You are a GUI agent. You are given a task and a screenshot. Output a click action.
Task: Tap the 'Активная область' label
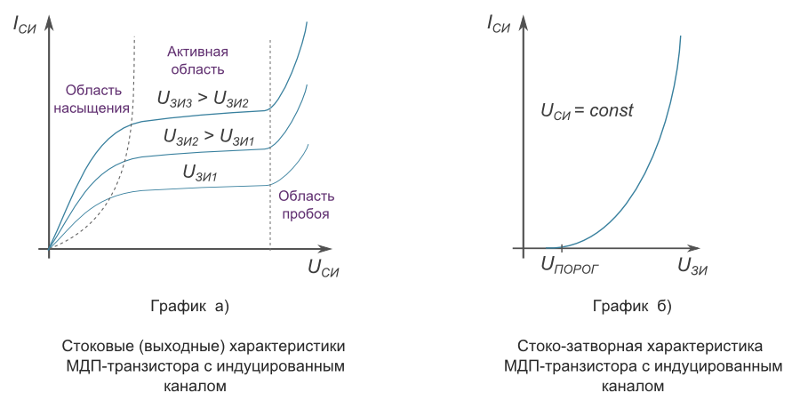(196, 60)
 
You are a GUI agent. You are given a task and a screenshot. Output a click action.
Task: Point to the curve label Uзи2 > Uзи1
(209, 136)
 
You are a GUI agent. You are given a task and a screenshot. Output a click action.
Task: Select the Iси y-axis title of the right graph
(500, 24)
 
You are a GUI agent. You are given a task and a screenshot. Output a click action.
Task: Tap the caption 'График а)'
(190, 308)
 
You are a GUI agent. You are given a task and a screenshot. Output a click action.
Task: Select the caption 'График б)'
(632, 308)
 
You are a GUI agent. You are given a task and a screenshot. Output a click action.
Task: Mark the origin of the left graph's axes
(51, 248)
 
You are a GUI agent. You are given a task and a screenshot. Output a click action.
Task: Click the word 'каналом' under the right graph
(632, 388)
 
